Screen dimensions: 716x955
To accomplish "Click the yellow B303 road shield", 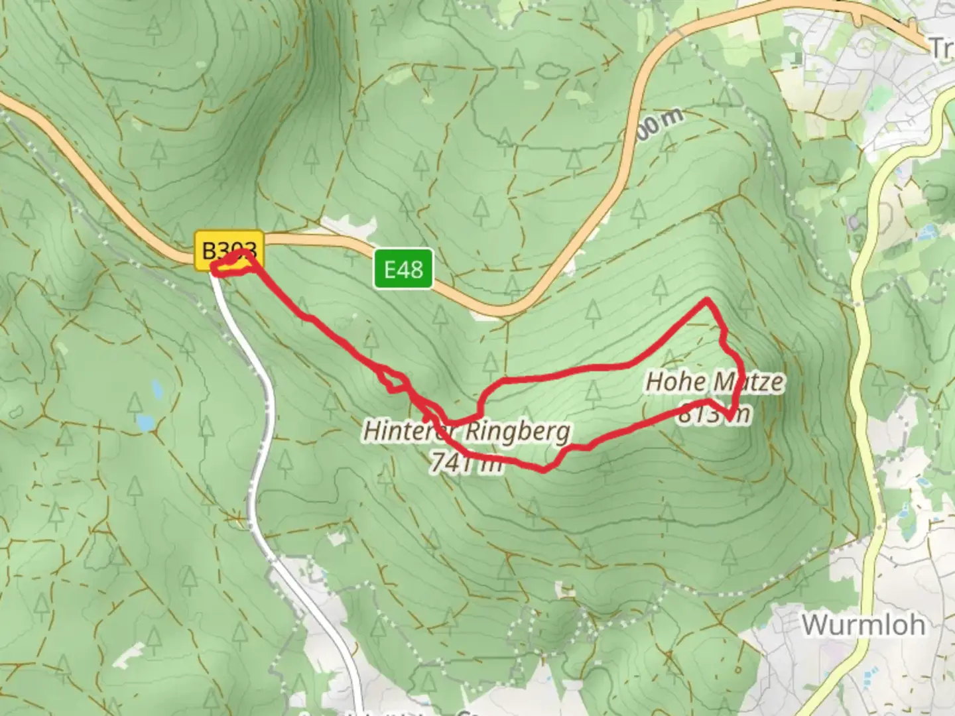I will (x=229, y=251).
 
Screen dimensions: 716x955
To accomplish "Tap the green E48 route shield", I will (x=403, y=269).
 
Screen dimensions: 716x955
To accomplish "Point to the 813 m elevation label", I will (x=714, y=414).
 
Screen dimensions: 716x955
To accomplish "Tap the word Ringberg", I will (x=517, y=432).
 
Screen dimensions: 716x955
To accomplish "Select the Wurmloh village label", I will (x=863, y=625).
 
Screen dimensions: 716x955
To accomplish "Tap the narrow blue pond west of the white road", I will (x=156, y=388).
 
